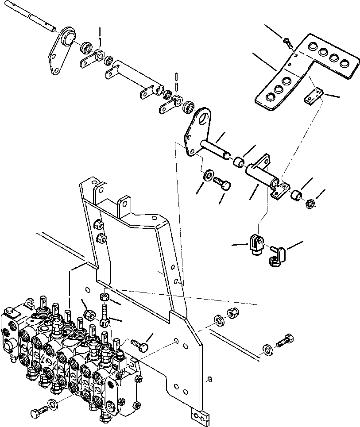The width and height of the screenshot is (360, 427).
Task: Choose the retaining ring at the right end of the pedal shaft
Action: (311, 204)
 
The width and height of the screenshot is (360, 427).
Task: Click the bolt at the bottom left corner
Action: (38, 413)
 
